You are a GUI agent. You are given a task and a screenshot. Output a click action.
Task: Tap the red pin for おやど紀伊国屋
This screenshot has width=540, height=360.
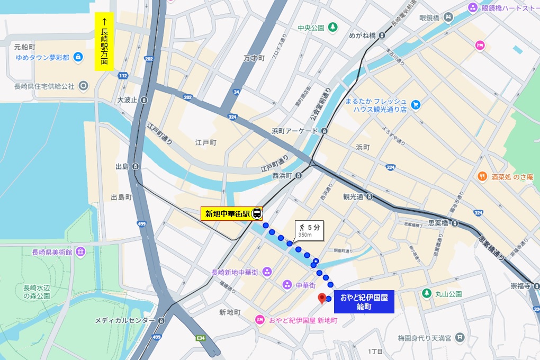click(321, 299)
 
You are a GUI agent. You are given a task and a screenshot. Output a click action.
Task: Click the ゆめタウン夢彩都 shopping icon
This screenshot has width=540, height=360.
click(78, 57)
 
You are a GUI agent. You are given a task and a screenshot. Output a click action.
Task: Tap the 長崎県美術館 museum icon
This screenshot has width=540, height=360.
click(80, 251)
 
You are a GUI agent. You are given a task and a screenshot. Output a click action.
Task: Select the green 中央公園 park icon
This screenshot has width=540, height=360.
click(332, 27)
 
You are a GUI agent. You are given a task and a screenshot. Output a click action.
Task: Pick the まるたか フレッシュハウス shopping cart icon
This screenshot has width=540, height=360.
click(416, 105)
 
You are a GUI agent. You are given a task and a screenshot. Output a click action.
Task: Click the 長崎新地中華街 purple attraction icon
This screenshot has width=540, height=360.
click(266, 272)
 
